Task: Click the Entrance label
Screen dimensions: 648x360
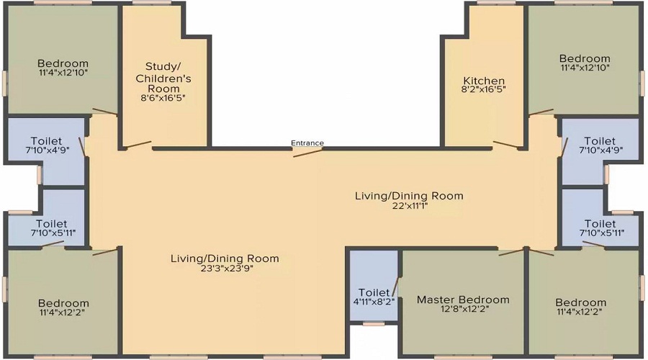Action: coord(307,143)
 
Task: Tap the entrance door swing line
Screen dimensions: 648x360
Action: coord(308,153)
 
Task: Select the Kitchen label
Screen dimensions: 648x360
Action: coord(484,81)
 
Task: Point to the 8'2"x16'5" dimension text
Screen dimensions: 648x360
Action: coord(484,89)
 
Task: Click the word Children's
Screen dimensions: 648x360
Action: coord(163,78)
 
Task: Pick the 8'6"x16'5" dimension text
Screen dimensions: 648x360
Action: coord(163,98)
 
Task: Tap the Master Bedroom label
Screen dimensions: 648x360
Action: coord(463,300)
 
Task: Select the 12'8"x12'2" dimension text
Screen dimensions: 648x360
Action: coord(463,309)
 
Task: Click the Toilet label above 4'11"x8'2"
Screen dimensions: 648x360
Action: coord(374,292)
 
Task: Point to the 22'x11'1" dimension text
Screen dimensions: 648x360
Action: coord(409,205)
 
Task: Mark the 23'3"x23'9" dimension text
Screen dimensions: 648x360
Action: coord(225,268)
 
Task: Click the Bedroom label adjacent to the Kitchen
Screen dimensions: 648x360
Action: coord(585,58)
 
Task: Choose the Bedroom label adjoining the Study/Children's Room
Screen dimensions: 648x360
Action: coord(63,63)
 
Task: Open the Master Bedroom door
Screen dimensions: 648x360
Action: coord(511,252)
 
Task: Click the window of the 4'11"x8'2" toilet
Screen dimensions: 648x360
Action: coord(374,323)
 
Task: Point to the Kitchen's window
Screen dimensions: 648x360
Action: coord(496,2)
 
